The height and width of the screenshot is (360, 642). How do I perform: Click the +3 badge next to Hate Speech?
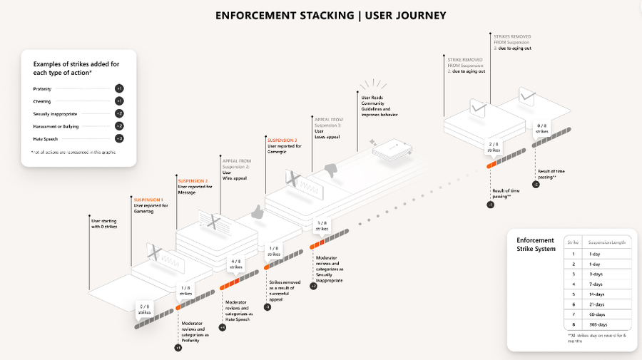coord(119,138)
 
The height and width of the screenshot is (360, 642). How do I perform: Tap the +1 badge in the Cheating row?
coord(119,101)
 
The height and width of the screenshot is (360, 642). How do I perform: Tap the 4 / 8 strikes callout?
coord(236,264)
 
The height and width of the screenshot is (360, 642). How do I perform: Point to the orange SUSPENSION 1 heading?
coord(148,199)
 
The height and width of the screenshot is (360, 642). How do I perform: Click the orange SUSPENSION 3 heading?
coord(282,140)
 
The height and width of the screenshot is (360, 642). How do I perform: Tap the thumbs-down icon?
coord(330,169)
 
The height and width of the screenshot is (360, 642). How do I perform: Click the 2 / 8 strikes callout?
coord(494,148)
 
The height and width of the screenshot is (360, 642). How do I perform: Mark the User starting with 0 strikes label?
coord(103,224)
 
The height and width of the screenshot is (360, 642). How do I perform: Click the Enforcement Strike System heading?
coord(535,245)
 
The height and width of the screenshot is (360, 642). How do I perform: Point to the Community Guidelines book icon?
coord(390,150)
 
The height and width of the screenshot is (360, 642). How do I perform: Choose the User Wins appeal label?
coord(235,175)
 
